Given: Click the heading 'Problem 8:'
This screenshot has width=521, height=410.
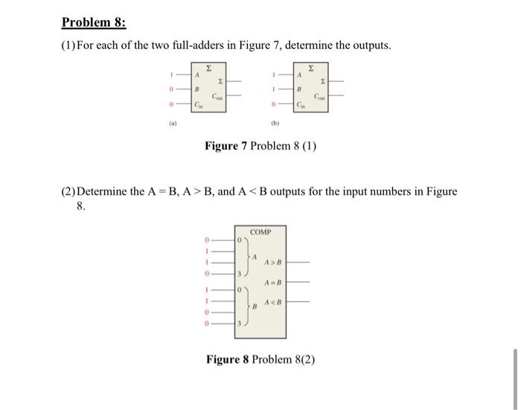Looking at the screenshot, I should click(x=93, y=22).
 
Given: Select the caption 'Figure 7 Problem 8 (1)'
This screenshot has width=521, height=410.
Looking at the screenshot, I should click(x=260, y=146).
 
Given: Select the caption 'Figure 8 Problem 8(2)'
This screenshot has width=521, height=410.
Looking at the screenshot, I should click(x=260, y=359).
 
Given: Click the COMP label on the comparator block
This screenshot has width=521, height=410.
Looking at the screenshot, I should click(x=260, y=232).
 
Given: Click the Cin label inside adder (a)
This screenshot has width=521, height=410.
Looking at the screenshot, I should click(x=198, y=105).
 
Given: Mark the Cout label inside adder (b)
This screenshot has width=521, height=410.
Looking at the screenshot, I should click(x=319, y=97).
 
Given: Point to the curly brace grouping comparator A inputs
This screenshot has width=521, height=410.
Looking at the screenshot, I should click(x=245, y=258).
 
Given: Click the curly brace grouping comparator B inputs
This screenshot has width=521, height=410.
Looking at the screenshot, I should click(x=245, y=307).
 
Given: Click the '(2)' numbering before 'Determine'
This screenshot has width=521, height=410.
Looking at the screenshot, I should click(x=68, y=191).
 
